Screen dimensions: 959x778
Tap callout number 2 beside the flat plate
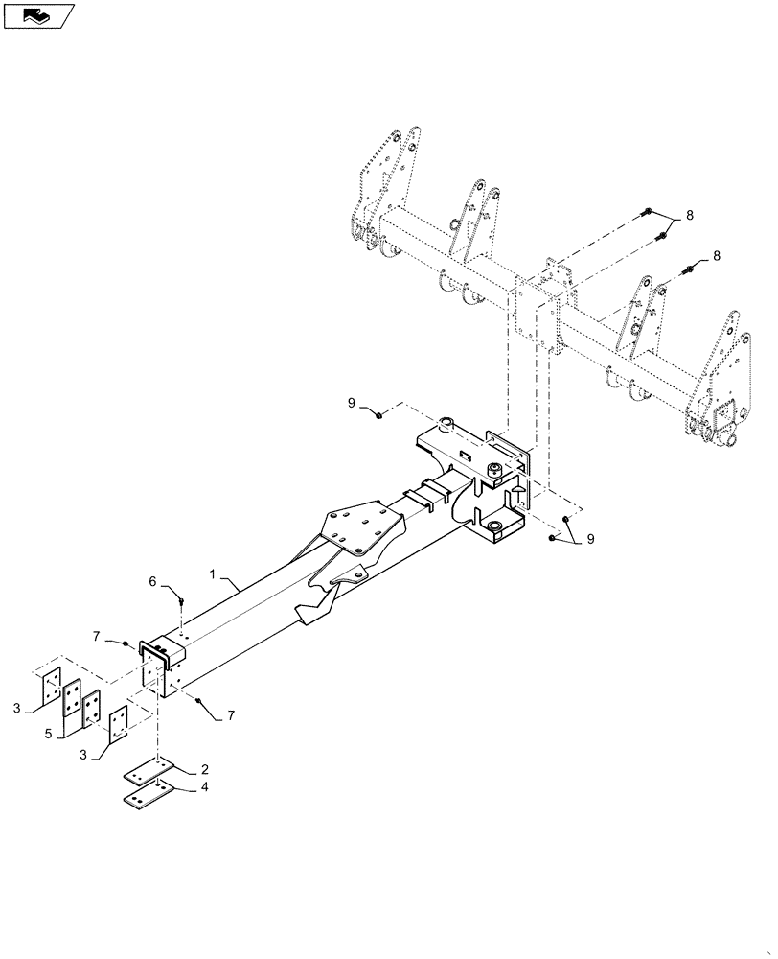204,770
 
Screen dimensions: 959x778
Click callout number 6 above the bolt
152,581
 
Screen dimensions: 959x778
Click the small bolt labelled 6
181,601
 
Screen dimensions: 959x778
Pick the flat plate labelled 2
146,773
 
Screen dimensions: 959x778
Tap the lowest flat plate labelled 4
146,795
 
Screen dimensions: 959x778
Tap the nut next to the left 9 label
380,414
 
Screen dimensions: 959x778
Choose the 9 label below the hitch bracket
590,540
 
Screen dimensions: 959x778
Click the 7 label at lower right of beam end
230,715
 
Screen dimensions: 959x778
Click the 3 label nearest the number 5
86,756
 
